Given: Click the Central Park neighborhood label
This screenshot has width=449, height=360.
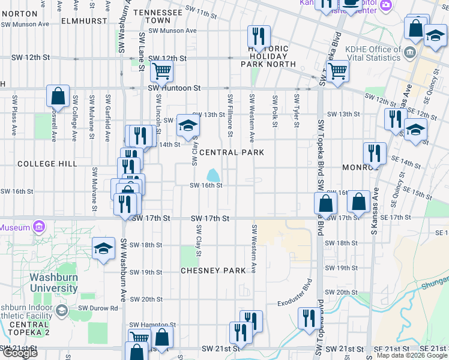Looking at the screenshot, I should pyautogui.click(x=232, y=152).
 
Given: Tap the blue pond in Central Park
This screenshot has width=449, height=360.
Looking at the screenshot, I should pyautogui.click(x=213, y=176).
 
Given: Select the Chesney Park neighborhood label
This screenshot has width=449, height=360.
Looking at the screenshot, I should pyautogui.click(x=213, y=271).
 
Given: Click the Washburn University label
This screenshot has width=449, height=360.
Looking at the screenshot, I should pyautogui.click(x=54, y=283).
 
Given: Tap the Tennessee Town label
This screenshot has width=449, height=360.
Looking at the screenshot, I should pyautogui.click(x=158, y=16).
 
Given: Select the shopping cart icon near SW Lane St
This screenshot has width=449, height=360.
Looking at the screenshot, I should pyautogui.click(x=161, y=71).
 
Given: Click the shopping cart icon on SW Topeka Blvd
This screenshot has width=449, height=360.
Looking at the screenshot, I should pyautogui.click(x=338, y=71).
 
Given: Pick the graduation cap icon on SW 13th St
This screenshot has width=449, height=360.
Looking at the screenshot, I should pyautogui.click(x=188, y=126).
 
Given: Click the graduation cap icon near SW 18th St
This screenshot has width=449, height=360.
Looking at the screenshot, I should pyautogui.click(x=103, y=249).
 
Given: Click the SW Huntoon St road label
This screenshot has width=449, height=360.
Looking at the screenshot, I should pyautogui.click(x=174, y=88).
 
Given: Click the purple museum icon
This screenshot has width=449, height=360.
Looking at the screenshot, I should pyautogui.click(x=40, y=227).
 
